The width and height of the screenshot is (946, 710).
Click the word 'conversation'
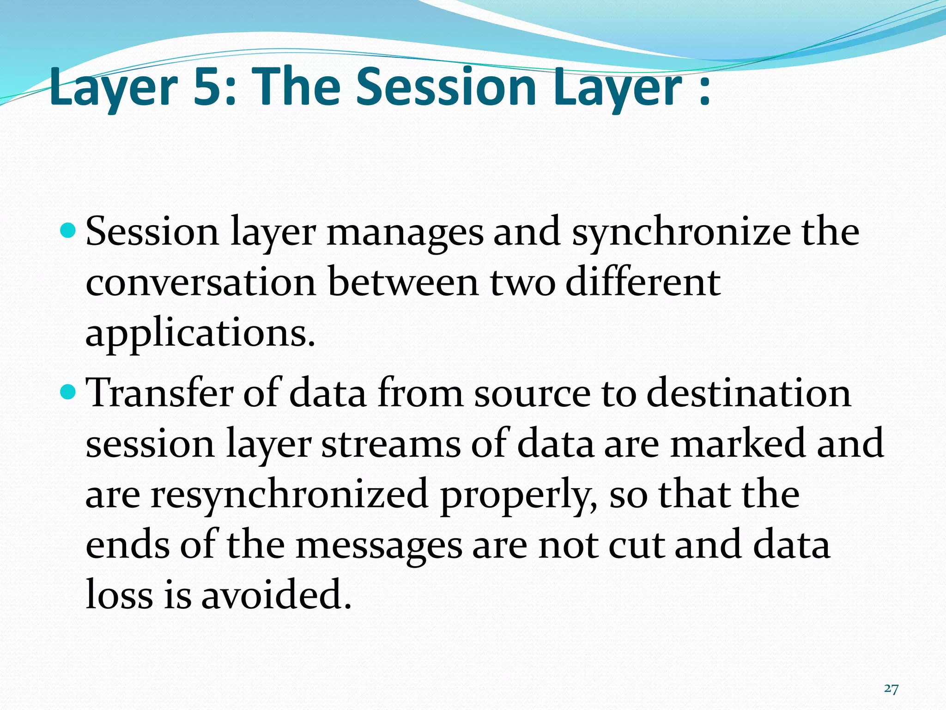200,283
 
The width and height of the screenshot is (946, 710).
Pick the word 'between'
403,283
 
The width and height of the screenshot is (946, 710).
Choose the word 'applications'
196,334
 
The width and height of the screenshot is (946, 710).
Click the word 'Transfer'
160,393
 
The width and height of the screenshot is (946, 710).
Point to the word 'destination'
748,393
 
